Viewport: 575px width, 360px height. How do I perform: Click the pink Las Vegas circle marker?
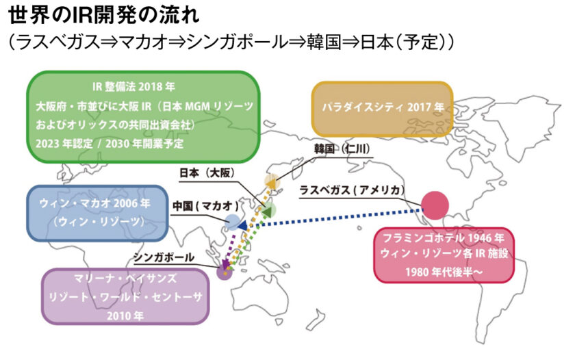(x=434, y=204)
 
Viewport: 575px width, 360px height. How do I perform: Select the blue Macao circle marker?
(x=233, y=222)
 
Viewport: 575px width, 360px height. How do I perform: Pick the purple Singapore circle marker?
(x=225, y=272)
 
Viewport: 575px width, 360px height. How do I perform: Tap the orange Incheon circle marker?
(x=272, y=181)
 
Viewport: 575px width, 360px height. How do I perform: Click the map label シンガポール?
(x=164, y=257)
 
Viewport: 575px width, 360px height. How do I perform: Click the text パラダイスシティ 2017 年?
(x=383, y=107)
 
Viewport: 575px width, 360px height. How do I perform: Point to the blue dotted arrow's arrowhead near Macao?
(x=244, y=224)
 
